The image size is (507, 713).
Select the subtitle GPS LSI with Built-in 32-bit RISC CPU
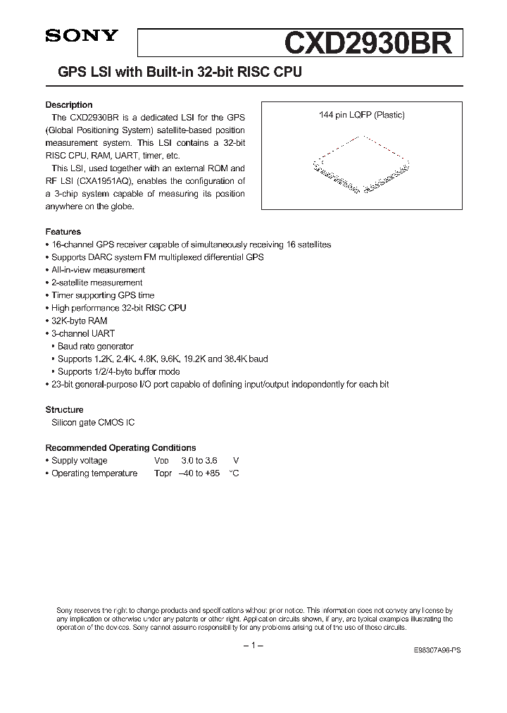coord(173,73)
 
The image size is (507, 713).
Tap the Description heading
coord(69,105)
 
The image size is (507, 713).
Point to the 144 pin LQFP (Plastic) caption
coord(359,115)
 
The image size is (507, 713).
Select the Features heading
coord(63,232)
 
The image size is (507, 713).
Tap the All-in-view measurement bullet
coord(98,270)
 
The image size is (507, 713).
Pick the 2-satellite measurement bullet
coord(96,283)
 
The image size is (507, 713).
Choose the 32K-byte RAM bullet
coord(79,321)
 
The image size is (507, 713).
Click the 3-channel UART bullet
coord(83,333)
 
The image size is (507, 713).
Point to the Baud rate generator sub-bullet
coord(95,346)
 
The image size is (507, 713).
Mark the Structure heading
coord(65,410)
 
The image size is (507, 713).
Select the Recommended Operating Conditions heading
coord(120,448)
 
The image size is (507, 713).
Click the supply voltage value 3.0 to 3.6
coord(194,461)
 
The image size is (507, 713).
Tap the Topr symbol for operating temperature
coord(163,473)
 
